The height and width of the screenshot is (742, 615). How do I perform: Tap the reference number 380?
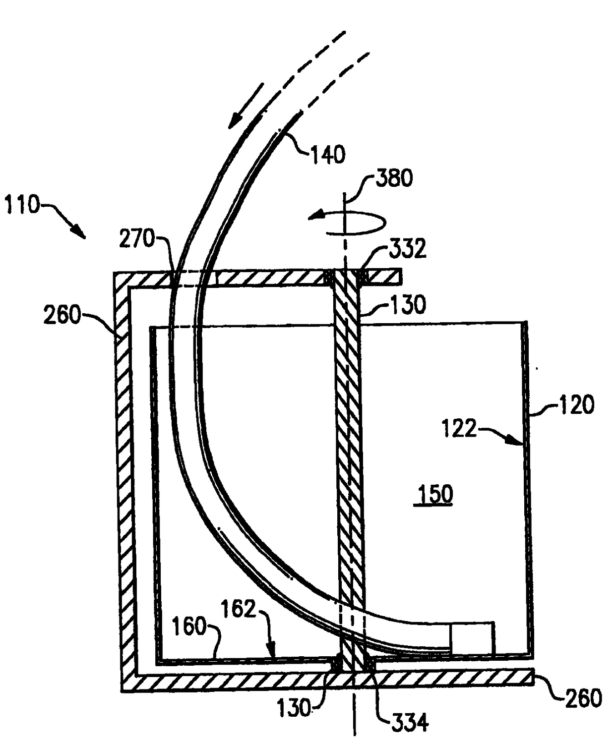(x=394, y=177)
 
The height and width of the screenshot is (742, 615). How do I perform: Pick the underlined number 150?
(x=435, y=494)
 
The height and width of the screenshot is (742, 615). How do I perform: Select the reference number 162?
(x=239, y=609)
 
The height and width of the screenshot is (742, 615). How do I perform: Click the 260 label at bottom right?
(x=583, y=698)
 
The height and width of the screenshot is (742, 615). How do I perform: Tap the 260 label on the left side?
(x=61, y=315)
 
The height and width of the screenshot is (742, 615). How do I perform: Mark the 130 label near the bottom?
(x=294, y=708)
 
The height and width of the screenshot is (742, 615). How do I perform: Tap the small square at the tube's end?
(x=472, y=638)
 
